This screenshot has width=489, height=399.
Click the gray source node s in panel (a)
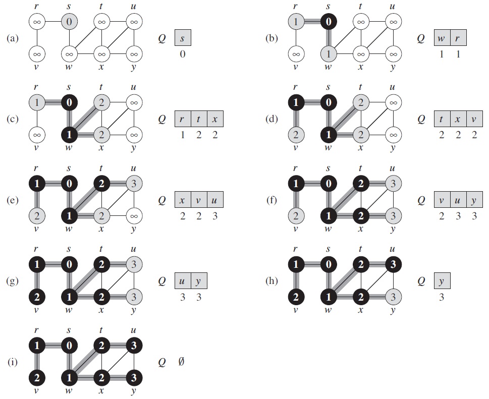coord(69,22)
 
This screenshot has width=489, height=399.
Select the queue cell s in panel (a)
coord(183,38)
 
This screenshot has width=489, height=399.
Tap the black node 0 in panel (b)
coord(329,22)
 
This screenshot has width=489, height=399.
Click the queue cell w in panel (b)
coord(442,38)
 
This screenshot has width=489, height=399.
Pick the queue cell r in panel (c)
coord(183,119)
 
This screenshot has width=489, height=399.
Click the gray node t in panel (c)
coord(101,102)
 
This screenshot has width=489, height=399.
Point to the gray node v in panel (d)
coord(296,135)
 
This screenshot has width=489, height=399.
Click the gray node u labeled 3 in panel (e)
coord(134,184)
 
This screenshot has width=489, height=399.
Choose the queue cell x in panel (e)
coord(183,200)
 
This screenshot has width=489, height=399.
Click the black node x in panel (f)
coord(361,216)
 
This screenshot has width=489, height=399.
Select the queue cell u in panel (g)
coord(183,281)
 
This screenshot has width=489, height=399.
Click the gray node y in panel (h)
coord(393,297)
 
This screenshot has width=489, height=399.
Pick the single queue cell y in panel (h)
coord(442,281)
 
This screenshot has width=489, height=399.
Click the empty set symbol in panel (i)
coord(181,362)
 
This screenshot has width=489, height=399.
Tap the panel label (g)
coord(13,281)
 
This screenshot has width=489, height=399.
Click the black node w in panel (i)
coord(69,378)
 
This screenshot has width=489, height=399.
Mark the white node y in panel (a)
coord(134,54)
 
